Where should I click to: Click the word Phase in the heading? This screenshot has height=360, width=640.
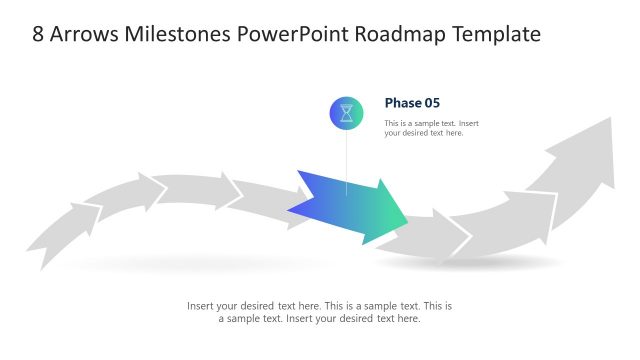(x=402, y=102)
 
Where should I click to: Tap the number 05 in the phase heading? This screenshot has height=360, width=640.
(x=431, y=102)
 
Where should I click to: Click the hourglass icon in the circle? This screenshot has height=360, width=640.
(x=346, y=113)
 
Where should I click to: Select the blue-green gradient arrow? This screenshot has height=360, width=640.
(x=350, y=207)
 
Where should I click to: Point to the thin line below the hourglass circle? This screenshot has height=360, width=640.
(x=346, y=160)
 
